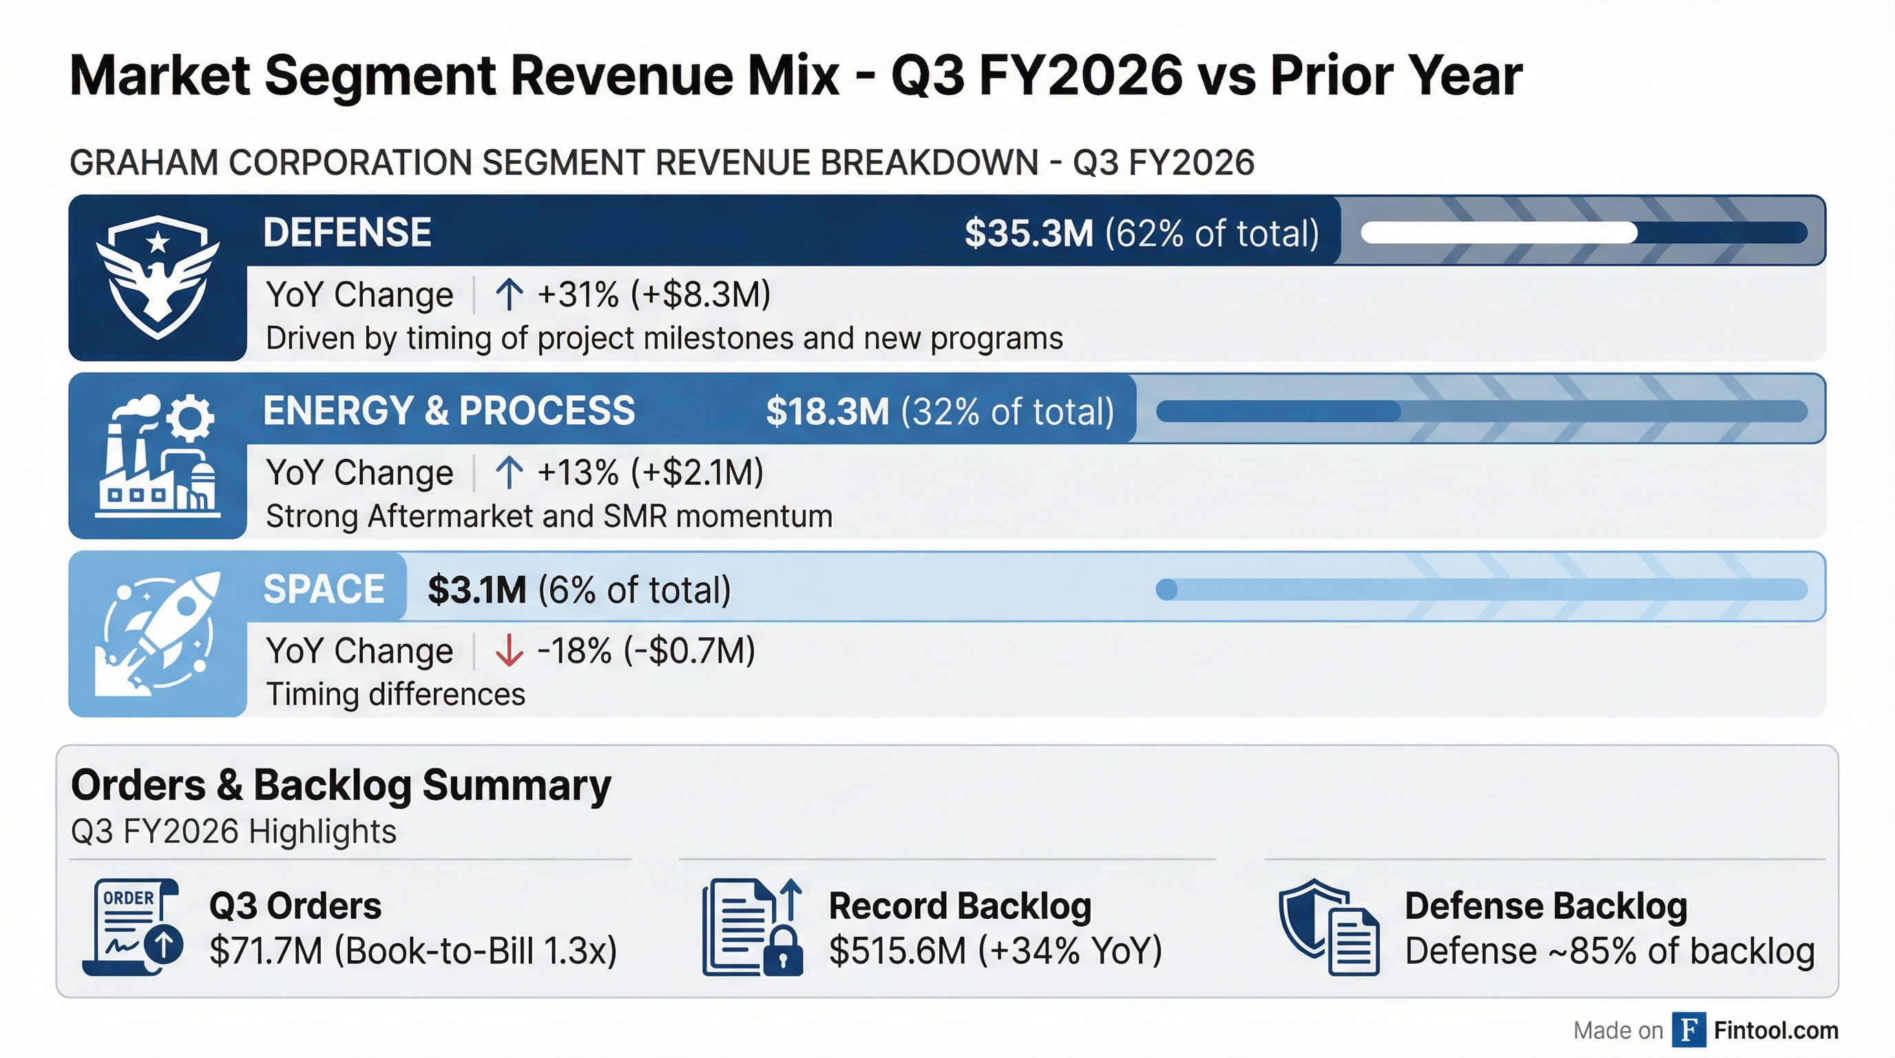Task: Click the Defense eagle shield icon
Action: coord(158,277)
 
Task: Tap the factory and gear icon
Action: coord(158,455)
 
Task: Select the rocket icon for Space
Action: coord(158,634)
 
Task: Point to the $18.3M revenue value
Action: coord(827,411)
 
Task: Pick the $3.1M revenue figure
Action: coord(477,590)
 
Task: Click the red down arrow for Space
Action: coord(508,650)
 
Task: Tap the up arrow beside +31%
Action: coord(508,294)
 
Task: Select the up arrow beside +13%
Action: coord(508,473)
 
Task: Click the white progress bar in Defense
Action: coord(1498,234)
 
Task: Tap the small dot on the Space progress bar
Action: coord(1166,590)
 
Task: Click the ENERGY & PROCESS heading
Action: coord(449,411)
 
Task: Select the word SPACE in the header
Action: coord(324,590)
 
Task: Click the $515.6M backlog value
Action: coord(897,951)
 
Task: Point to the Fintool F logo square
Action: coord(1688,1030)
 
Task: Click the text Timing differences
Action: coord(395,694)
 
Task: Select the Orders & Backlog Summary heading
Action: coord(341,785)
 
